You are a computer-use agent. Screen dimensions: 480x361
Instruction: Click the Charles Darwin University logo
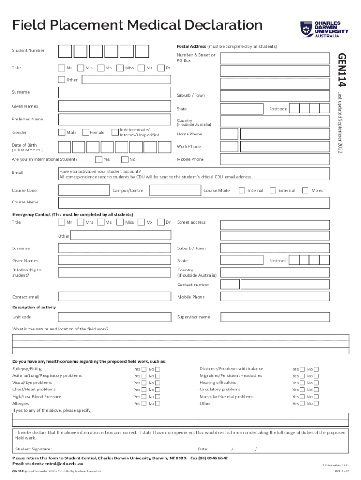point(324,29)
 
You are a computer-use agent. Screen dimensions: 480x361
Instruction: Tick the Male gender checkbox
point(61,132)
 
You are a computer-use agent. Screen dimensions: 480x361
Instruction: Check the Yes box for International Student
point(98,159)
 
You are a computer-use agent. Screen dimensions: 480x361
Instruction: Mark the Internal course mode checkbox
point(241,190)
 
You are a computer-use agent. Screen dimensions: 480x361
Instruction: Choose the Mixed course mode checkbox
point(305,190)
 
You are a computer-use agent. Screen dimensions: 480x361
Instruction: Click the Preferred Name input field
point(114,119)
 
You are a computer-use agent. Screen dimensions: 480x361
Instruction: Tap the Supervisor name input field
point(285,317)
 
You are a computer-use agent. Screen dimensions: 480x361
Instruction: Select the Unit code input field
point(114,317)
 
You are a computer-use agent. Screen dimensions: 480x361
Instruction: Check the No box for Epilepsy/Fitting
point(158,369)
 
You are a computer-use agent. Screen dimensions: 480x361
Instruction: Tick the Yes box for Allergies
point(143,403)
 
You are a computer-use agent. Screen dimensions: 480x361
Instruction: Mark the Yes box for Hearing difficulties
point(302,382)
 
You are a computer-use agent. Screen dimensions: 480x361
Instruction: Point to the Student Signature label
point(33,449)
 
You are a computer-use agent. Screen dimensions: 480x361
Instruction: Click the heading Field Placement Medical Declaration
point(137,24)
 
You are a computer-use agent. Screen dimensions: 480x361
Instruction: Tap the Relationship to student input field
point(114,272)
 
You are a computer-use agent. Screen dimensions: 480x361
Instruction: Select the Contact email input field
point(114,297)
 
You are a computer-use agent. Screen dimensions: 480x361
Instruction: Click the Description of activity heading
point(34,307)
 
